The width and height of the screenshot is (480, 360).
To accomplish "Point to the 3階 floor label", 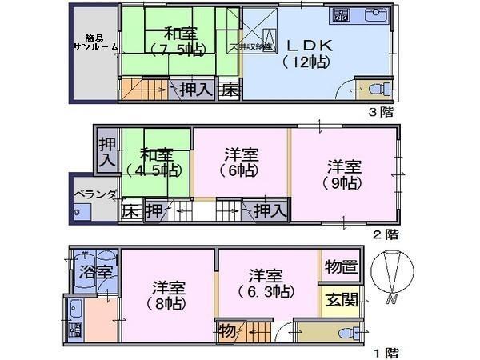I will point(381,111).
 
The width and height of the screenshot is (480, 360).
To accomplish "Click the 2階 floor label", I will point(386,234).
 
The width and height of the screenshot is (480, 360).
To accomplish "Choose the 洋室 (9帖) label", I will point(344,175).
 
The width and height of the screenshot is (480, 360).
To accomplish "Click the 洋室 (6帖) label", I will point(241,160).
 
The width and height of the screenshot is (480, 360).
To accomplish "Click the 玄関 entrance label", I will point(341,302).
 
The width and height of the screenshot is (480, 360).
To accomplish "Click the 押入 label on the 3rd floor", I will point(195,90).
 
